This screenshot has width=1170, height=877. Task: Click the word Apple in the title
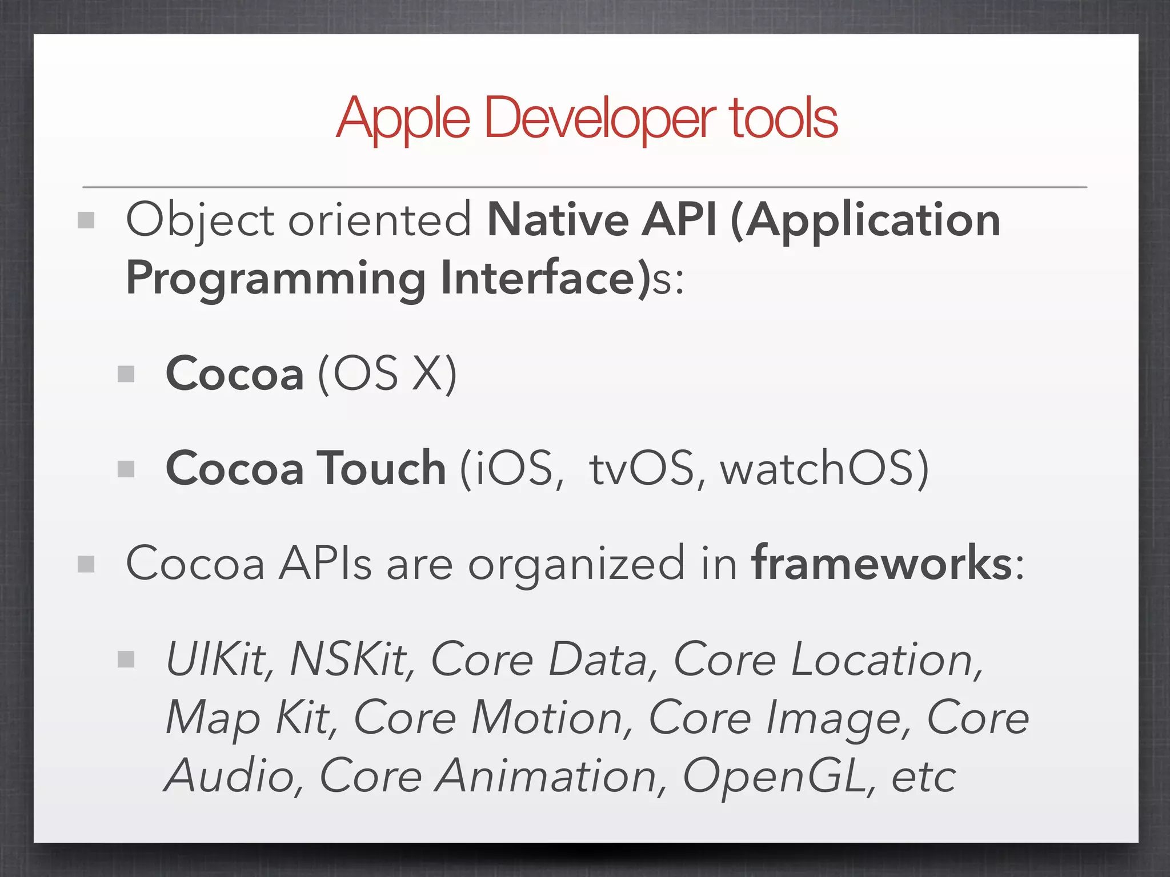pos(403,119)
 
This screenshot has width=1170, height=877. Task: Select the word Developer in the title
pos(600,119)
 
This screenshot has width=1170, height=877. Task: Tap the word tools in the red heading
pos(783,119)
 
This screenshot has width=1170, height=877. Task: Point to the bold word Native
pos(558,220)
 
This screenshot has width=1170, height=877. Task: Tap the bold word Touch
pos(381,468)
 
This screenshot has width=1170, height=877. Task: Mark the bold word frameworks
pos(882,564)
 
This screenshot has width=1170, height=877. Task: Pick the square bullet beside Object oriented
pos(86,220)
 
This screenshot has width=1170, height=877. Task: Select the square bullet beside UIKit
pos(126,660)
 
